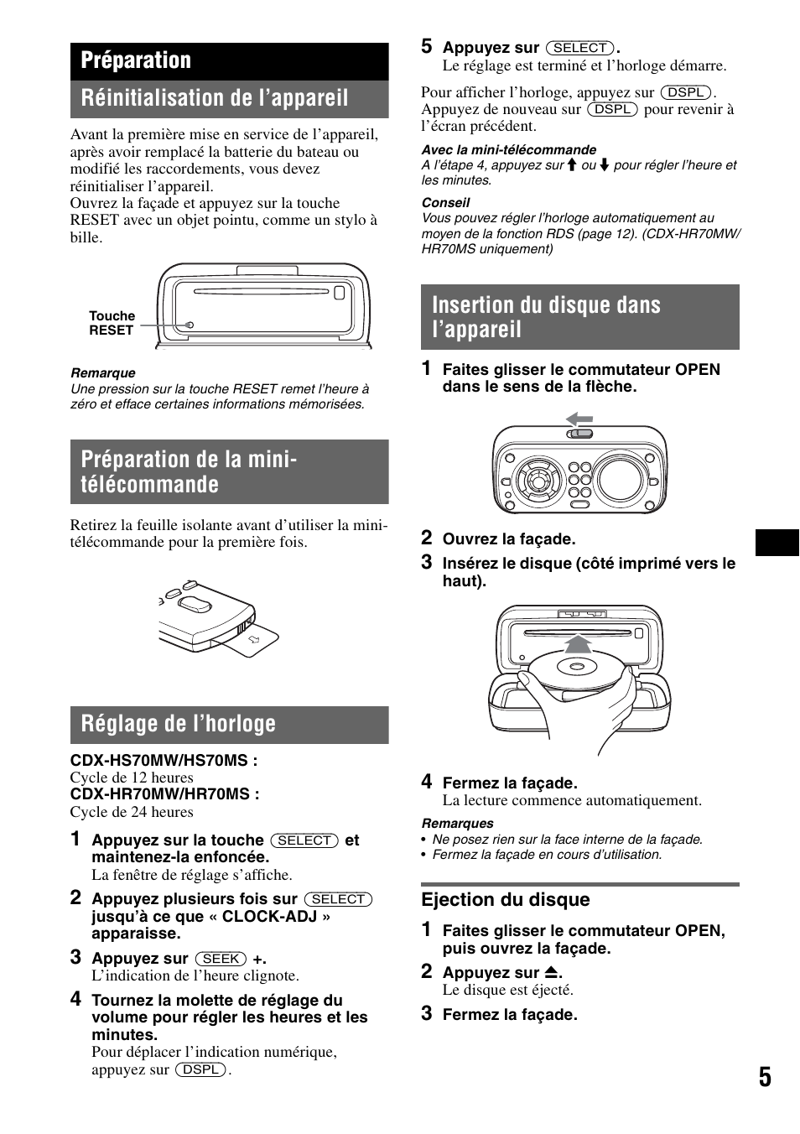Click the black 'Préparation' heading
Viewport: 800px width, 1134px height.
point(136,60)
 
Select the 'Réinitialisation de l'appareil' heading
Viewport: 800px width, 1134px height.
point(214,98)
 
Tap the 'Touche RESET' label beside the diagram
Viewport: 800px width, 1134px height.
point(112,323)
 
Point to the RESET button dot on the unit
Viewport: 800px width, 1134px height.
point(190,325)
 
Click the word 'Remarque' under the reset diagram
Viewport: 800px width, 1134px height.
point(102,373)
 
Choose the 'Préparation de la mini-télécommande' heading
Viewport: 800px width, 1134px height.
point(189,471)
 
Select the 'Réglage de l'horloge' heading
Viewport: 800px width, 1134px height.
point(178,724)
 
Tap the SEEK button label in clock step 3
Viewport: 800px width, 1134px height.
point(221,959)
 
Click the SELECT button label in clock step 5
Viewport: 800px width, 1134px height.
point(579,48)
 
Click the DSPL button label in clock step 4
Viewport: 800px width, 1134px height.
point(201,1069)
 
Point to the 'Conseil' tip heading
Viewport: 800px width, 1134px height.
point(445,203)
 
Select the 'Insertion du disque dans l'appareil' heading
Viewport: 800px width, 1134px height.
point(546,317)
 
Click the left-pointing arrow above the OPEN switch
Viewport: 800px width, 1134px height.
point(579,419)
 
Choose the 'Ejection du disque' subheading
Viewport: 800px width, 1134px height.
point(505,900)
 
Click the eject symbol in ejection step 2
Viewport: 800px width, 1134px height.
point(551,973)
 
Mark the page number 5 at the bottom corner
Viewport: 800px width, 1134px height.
point(765,1077)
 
